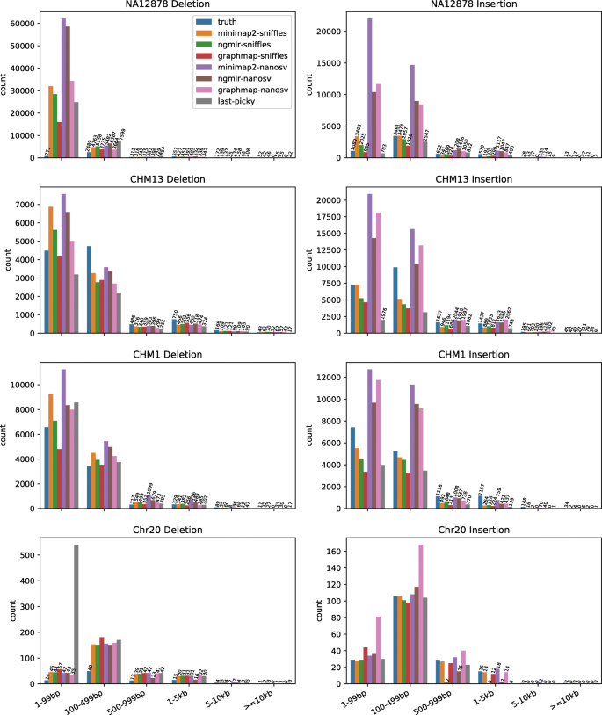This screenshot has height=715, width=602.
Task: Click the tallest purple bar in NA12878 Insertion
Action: coord(369,88)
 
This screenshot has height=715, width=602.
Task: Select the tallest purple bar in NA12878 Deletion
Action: coord(63,88)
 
